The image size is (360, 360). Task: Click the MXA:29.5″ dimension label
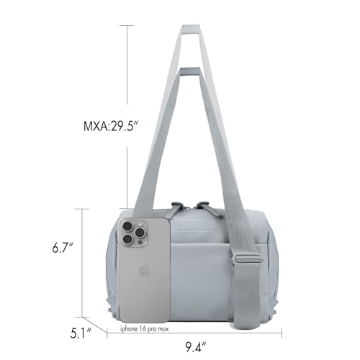coord(112,126)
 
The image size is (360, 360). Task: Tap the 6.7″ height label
coord(63,248)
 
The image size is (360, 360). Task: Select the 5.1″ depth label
coord(81,333)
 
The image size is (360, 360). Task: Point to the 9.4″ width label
coord(196,346)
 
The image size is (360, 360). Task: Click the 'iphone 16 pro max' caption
coord(145,328)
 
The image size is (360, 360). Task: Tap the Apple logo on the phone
coord(144,271)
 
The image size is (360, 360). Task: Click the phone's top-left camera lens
coord(127,226)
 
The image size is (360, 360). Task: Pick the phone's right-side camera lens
coord(139,233)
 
